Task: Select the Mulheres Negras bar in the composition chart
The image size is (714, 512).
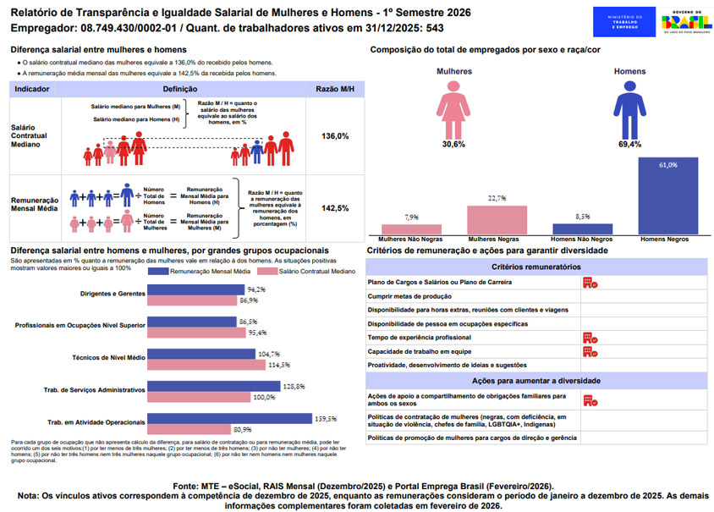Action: pyautogui.click(x=497, y=220)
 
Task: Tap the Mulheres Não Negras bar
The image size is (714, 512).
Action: pyautogui.click(x=411, y=228)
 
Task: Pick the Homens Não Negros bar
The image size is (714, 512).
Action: pyautogui.click(x=582, y=228)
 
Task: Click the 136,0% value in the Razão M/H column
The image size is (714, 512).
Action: pyautogui.click(x=335, y=136)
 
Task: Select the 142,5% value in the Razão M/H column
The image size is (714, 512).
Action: pyautogui.click(x=335, y=208)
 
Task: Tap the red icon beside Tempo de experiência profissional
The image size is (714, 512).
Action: pyautogui.click(x=590, y=338)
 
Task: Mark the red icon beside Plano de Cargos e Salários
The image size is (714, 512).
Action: pyautogui.click(x=590, y=284)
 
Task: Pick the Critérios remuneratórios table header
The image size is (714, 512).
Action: pyautogui.click(x=537, y=267)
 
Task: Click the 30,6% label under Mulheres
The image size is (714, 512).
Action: pyautogui.click(x=453, y=145)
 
